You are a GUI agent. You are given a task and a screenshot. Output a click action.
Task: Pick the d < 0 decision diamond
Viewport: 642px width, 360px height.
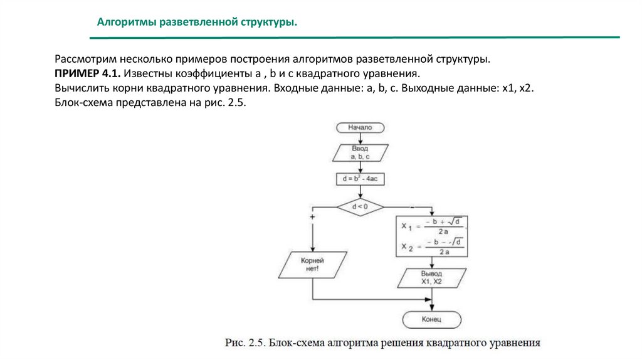(360, 206)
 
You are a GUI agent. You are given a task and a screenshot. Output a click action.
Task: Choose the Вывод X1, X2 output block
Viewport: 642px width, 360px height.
(432, 278)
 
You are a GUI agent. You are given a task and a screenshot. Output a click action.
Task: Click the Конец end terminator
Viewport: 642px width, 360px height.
(432, 320)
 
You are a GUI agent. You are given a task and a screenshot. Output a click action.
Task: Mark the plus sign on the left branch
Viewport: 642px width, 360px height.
(312, 216)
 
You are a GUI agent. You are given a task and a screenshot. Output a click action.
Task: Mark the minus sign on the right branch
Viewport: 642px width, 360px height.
(412, 206)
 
